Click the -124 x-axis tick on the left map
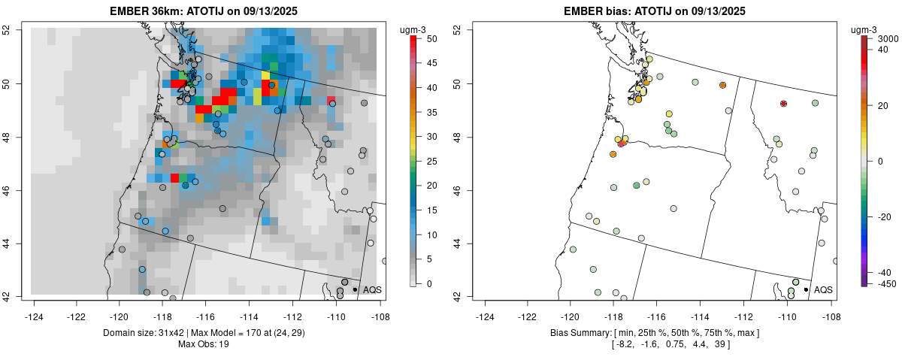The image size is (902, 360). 35,307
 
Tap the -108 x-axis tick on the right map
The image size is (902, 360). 831,307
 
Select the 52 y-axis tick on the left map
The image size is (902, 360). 16,30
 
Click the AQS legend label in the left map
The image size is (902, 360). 372,289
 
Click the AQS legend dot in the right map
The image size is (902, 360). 806,289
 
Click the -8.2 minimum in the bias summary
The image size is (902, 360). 625,344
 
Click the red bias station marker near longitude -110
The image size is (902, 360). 784,103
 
